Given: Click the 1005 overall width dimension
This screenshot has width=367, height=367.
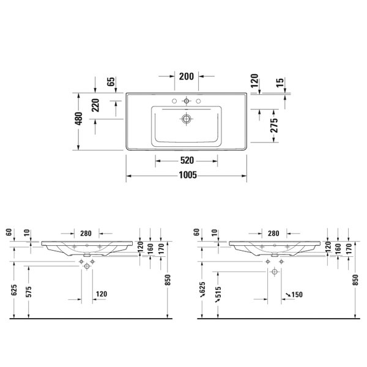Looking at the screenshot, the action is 188,175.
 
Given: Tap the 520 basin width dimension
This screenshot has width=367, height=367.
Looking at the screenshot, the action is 187,160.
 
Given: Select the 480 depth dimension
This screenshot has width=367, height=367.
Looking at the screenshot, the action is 79,119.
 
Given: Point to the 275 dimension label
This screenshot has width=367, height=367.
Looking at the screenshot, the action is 274,125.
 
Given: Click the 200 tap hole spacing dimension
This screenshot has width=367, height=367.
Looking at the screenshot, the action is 187,76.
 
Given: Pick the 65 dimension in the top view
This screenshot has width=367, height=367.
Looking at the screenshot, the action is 111,81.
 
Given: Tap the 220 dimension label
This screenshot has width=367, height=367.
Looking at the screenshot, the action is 95,105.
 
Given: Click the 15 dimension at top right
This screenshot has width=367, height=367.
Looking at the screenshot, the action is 280,83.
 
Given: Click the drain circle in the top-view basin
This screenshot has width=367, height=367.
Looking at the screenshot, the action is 187,119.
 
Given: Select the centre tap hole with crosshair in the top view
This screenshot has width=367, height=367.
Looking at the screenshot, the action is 187,101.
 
